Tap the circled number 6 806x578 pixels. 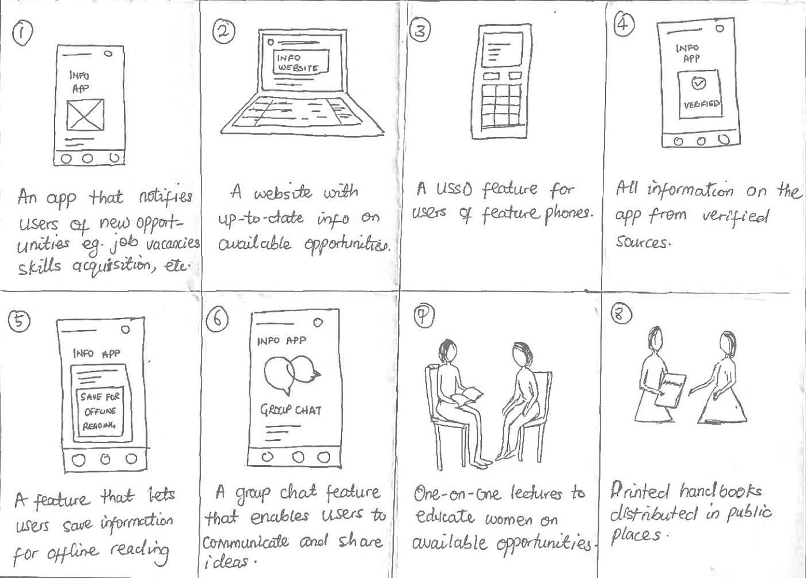[217, 320]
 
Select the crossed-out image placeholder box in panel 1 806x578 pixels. [85, 115]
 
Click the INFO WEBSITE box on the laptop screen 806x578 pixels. [301, 62]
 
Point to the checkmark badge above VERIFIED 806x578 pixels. [698, 84]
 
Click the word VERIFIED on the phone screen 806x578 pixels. [701, 104]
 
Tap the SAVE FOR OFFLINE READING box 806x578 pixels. [100, 411]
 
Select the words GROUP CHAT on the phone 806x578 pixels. [291, 410]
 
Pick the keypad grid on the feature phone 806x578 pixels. [501, 106]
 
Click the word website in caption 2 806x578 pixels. [283, 193]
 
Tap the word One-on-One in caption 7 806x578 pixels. [457, 494]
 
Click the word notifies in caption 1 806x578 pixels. [166, 197]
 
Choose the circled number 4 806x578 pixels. [623, 24]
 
